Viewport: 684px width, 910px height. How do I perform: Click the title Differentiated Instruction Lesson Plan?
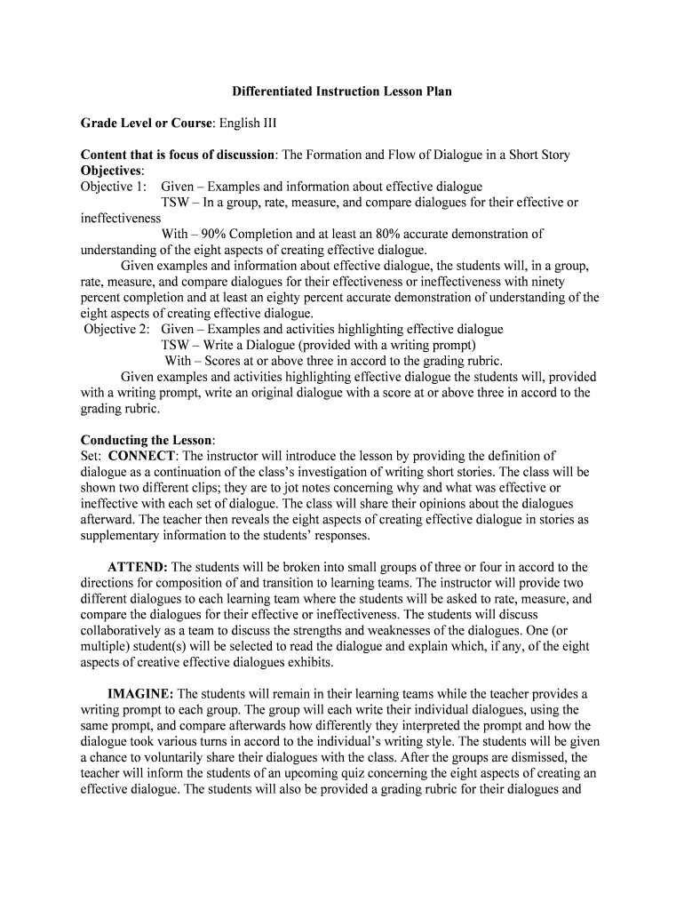tap(342, 91)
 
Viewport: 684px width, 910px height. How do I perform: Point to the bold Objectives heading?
tap(111, 171)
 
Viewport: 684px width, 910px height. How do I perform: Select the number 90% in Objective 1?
tap(218, 235)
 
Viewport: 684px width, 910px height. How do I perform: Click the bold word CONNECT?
tap(141, 457)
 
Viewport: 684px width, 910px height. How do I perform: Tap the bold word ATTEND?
tap(138, 567)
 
